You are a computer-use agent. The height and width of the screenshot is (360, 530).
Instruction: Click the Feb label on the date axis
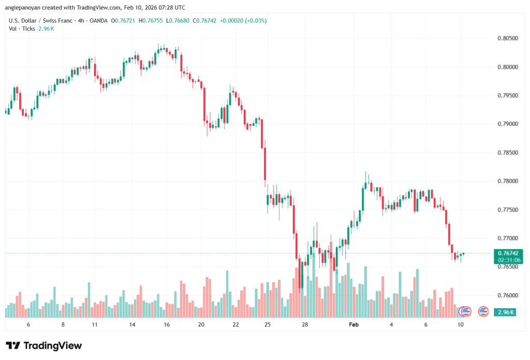pos(354,324)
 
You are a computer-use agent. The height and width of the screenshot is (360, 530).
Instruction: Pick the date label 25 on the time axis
pos(267,324)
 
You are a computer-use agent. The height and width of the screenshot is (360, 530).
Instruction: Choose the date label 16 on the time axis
pos(167,324)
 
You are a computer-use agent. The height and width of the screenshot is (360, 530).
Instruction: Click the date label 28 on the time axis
pos(305,324)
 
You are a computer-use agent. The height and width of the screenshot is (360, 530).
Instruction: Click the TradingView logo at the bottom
pos(44,346)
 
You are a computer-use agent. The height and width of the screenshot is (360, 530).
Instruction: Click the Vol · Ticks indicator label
pos(22,28)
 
